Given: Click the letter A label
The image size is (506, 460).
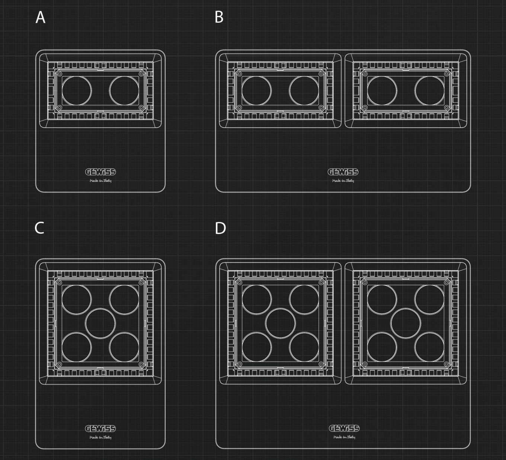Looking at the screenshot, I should click(x=40, y=17).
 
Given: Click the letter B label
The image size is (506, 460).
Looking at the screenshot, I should click(x=219, y=17).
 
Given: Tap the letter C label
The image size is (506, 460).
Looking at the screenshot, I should click(x=39, y=228).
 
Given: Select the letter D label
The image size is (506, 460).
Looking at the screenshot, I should click(x=220, y=228).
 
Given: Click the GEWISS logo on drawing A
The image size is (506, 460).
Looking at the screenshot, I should click(x=100, y=172).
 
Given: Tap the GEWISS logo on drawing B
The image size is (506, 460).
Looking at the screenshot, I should click(x=343, y=172).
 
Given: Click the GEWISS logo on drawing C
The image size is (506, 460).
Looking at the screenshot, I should click(x=100, y=429).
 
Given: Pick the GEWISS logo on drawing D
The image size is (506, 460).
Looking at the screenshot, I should click(x=344, y=428).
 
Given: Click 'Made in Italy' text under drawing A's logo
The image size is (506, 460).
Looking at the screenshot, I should click(x=100, y=181).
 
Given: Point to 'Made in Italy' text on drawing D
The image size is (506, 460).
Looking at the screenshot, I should click(x=344, y=437).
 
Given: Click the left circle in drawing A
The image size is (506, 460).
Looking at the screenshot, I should click(x=77, y=91).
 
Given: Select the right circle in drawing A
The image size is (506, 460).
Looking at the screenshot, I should click(x=124, y=91).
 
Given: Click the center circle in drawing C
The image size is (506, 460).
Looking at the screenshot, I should click(x=100, y=323).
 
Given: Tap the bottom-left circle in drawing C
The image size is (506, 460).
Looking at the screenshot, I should click(x=77, y=347).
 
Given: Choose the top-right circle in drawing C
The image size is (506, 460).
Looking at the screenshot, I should click(x=124, y=300).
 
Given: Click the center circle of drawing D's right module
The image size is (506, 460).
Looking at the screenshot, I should click(x=406, y=323).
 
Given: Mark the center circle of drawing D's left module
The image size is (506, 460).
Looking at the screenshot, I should click(x=280, y=323).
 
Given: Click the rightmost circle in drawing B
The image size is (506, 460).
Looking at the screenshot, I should click(x=429, y=91).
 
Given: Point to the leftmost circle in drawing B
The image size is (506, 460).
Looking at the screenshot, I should click(x=257, y=91).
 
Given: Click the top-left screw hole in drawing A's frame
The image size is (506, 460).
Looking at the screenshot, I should click(x=60, y=74).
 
